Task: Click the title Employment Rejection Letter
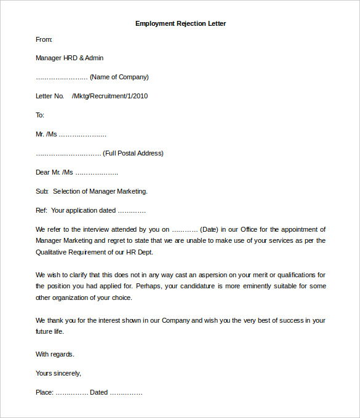tap(180, 23)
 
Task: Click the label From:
tap(44, 39)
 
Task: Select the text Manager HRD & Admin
tap(70, 58)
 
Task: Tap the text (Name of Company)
tap(119, 77)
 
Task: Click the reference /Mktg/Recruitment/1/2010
tap(110, 96)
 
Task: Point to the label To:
tap(40, 115)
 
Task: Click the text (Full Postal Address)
tap(133, 153)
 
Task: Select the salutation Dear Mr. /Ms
tap(54, 172)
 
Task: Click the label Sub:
tap(42, 191)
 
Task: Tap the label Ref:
tap(41, 210)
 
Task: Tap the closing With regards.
tap(55, 354)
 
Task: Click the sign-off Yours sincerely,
tap(58, 373)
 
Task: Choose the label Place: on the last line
tap(45, 392)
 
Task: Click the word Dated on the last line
tap(98, 392)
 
